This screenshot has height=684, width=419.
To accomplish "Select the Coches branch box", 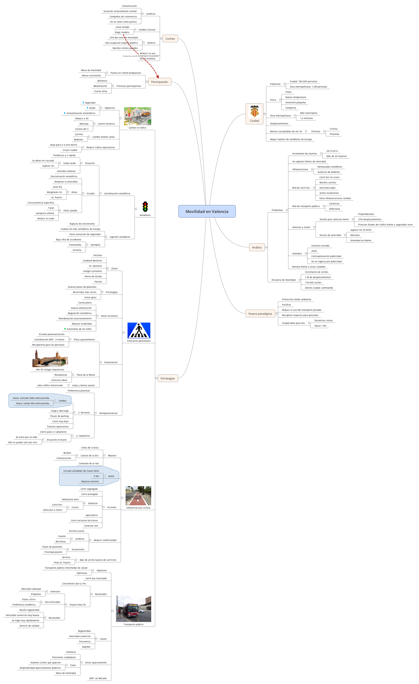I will click(x=170, y=39).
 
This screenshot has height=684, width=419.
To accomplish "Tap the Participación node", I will click(x=160, y=82).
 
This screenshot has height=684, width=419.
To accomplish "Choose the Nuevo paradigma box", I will click(x=260, y=314).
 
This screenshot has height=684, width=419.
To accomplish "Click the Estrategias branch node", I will click(x=168, y=378).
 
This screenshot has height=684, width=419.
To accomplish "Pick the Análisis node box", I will click(x=257, y=247).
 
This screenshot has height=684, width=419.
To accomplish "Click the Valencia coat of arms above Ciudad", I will click(x=254, y=111).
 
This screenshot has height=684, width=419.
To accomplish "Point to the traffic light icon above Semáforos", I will click(x=145, y=207).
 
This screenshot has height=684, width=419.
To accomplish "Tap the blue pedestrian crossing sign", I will click(x=139, y=330).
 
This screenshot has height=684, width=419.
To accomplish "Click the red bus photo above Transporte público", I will click(x=133, y=609).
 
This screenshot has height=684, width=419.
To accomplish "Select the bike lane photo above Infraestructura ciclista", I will click(x=138, y=496).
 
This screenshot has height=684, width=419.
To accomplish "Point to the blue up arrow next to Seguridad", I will click(x=83, y=102).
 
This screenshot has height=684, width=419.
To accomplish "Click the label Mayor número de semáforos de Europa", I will click(x=291, y=139).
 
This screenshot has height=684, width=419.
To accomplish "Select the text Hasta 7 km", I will click(x=320, y=326).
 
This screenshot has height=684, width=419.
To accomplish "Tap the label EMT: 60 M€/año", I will click(x=98, y=679).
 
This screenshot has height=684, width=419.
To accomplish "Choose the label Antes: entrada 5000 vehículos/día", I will click(x=31, y=398).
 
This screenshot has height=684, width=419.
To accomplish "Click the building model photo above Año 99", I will click(x=50, y=358).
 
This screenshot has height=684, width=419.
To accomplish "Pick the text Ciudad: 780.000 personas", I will click(x=303, y=82).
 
